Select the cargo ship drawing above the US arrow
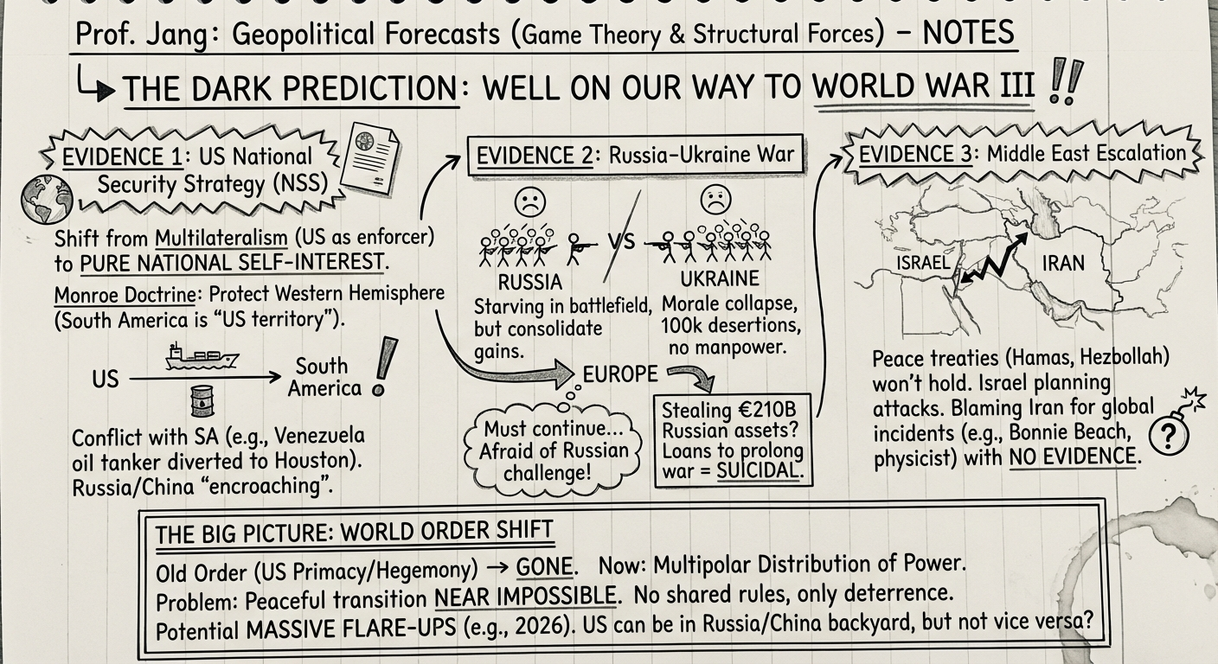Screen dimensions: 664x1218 [189, 356]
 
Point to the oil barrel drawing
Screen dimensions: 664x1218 [202, 401]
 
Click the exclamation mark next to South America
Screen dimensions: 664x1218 [381, 367]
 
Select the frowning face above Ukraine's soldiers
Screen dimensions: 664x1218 [715, 201]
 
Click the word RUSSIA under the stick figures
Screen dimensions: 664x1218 [530, 282]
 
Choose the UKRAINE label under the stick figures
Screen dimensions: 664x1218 [720, 279]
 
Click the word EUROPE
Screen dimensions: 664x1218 [619, 375]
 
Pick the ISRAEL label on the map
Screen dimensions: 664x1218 [923, 263]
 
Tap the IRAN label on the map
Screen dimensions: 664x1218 [1063, 263]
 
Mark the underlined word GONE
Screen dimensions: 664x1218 [544, 567]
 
